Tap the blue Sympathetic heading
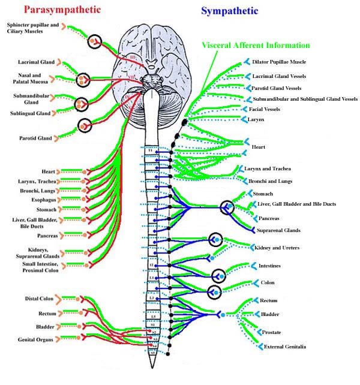tap(230, 11)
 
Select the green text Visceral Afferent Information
tap(256, 45)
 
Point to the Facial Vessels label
tap(265, 109)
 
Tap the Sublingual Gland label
tap(26, 113)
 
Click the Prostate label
tap(272, 332)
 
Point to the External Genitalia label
tap(286, 346)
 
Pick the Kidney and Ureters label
tap(277, 247)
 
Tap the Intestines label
tap(269, 265)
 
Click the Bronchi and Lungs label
tap(271, 181)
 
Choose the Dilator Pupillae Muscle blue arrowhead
tap(247, 62)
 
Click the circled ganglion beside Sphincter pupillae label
tap(94, 42)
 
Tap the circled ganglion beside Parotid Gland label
tap(85, 126)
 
